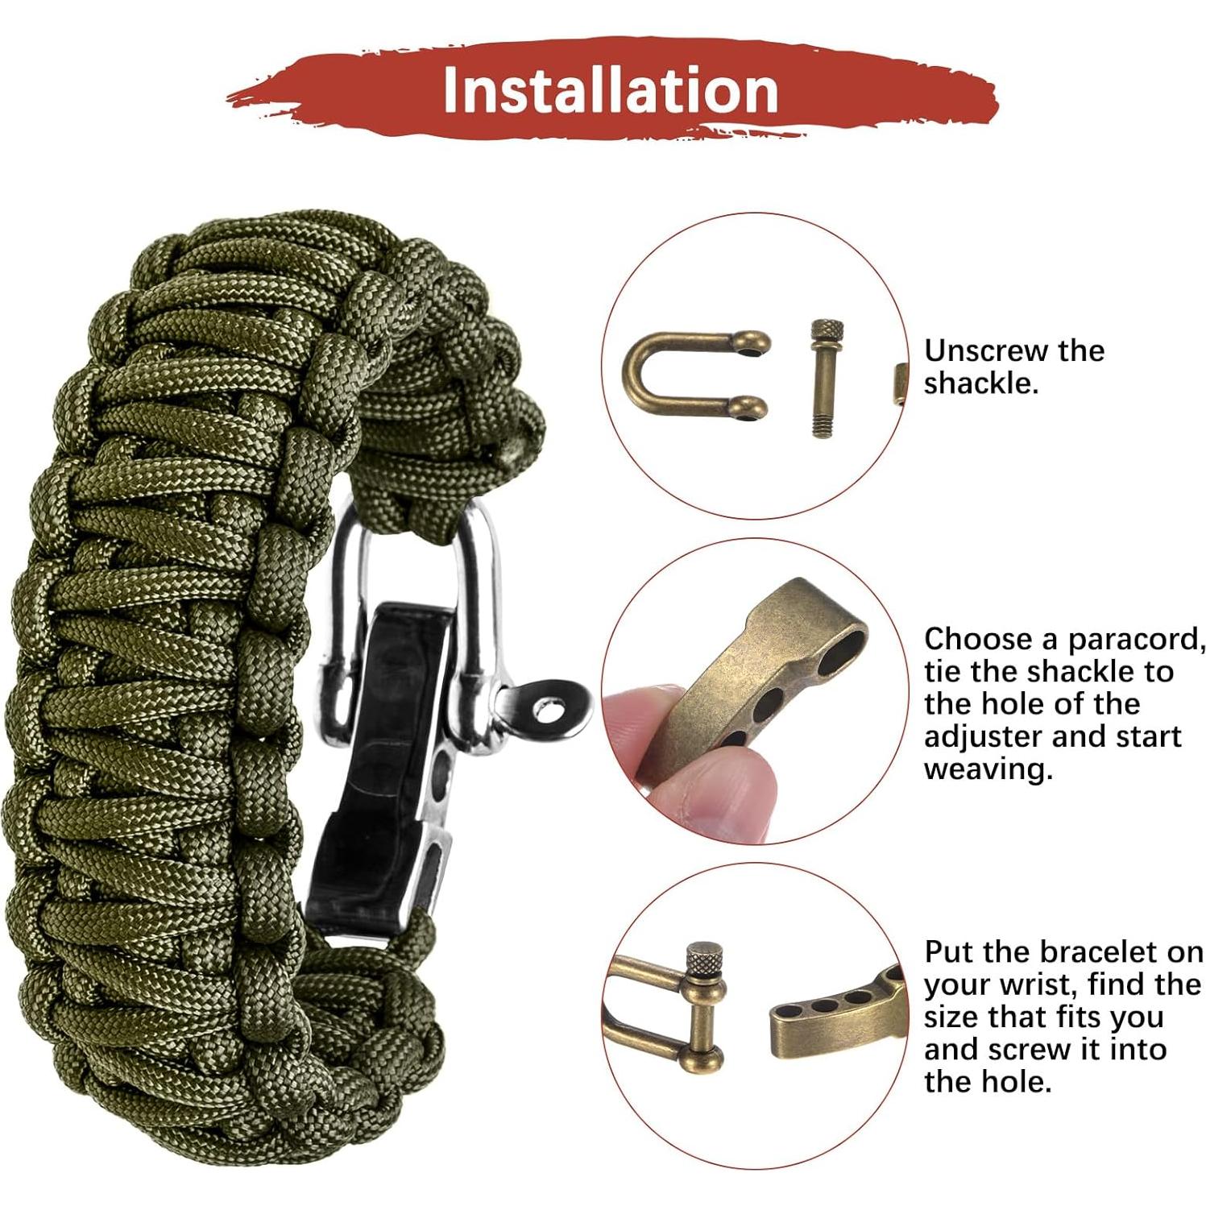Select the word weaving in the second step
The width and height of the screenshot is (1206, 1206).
coord(988,769)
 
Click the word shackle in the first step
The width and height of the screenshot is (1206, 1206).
coord(980,383)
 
